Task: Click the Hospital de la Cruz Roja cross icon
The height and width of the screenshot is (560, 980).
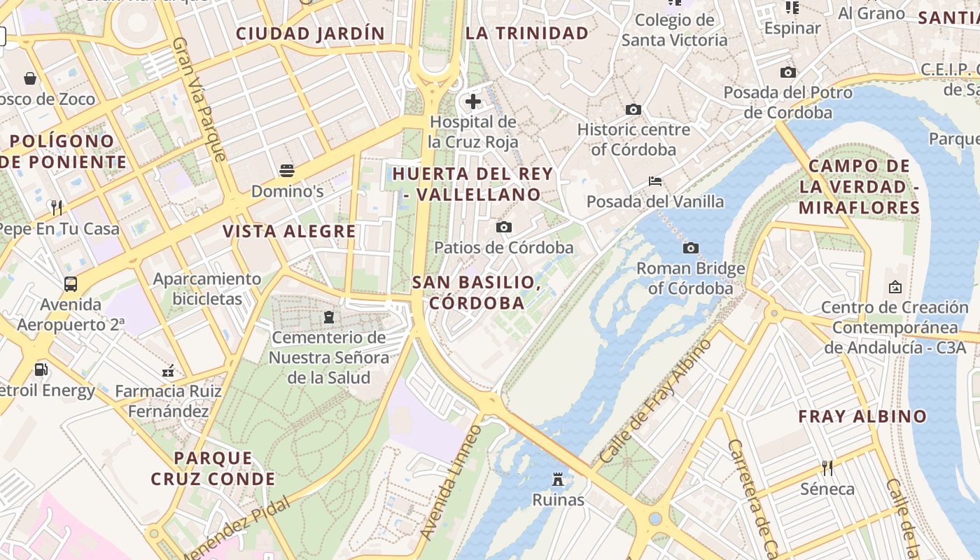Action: (473, 101)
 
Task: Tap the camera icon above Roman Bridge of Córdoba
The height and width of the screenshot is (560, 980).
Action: (691, 248)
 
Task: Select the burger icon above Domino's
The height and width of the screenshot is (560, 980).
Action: (287, 170)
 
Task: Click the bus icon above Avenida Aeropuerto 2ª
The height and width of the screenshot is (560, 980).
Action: (71, 283)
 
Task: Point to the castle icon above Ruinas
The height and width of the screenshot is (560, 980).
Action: (558, 479)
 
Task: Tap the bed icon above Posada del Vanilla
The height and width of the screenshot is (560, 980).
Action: (655, 181)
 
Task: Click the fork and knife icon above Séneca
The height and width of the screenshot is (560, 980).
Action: (827, 468)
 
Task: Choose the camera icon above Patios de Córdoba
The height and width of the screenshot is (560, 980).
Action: (503, 227)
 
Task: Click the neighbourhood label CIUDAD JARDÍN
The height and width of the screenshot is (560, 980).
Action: (310, 33)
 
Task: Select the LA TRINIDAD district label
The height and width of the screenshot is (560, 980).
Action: (527, 33)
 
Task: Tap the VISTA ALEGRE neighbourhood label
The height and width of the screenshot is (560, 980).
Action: (289, 232)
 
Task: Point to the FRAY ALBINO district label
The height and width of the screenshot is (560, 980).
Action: (862, 416)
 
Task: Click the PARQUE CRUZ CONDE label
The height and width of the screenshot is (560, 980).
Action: (213, 468)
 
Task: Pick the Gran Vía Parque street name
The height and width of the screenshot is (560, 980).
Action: (199, 99)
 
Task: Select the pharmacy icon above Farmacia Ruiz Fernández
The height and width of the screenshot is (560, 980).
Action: (168, 370)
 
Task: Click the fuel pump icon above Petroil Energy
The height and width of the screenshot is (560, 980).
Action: (41, 369)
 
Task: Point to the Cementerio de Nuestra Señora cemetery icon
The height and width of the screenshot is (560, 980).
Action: (329, 317)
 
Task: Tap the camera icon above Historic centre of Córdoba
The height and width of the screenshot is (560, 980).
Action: (633, 109)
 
